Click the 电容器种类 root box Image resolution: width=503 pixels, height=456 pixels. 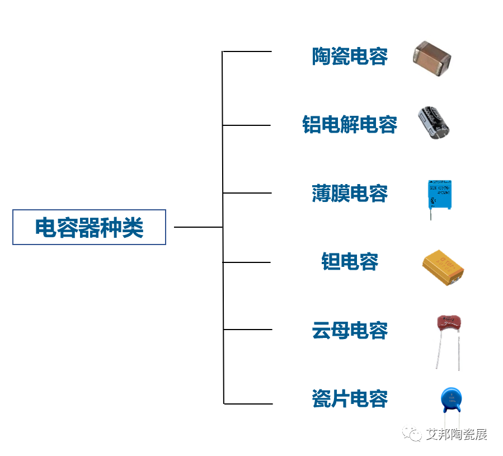coord(89,227)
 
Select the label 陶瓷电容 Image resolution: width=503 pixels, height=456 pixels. coord(350,57)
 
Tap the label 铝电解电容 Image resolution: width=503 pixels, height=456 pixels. coord(350,125)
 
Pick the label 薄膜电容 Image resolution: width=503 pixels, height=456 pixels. coord(350,194)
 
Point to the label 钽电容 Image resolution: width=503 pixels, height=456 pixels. coord(350,262)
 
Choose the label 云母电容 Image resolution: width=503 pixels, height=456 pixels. coord(350,330)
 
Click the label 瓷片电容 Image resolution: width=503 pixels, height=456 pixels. coord(350,399)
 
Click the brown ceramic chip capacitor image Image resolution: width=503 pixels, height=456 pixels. coord(432,58)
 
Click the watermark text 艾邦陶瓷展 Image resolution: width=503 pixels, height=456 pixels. coord(456,434)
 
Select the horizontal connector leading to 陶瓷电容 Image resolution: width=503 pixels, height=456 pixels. coord(247,51)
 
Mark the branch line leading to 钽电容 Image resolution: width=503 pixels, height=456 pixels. coord(247,262)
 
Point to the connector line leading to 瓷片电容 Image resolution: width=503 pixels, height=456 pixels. coord(248,403)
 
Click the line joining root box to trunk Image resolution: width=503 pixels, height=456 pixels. coord(198,227)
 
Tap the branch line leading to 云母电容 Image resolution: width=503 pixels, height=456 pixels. coord(247,330)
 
